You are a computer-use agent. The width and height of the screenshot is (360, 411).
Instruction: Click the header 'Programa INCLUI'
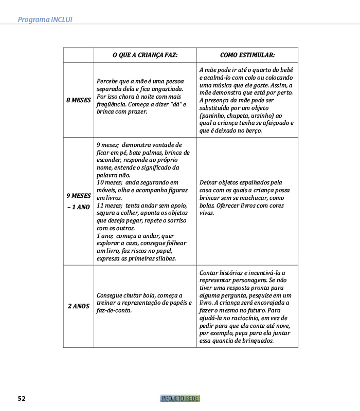coord(45,20)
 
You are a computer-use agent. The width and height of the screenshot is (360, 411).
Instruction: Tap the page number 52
coord(22,398)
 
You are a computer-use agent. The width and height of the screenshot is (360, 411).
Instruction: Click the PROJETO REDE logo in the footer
coord(180,398)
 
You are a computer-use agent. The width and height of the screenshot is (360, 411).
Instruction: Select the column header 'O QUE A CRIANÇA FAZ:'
coord(145,55)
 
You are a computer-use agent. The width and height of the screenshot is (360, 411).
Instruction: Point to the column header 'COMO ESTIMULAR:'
coord(247,55)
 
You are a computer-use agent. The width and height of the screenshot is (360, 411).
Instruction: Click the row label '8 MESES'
coord(78,100)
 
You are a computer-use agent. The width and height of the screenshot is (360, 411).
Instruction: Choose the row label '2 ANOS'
coord(78,306)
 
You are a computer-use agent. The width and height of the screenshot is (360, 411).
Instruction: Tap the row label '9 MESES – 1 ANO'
coord(78,201)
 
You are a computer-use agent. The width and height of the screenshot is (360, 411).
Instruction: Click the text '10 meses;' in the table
coord(109,182)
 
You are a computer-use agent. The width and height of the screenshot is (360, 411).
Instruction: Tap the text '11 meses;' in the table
coord(109,206)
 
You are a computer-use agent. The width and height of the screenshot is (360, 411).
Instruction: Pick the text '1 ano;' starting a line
coord(105,236)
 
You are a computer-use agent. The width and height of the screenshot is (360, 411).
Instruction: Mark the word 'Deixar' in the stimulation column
coord(208,182)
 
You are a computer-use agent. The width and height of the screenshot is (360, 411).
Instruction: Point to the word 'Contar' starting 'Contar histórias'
coord(208,272)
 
